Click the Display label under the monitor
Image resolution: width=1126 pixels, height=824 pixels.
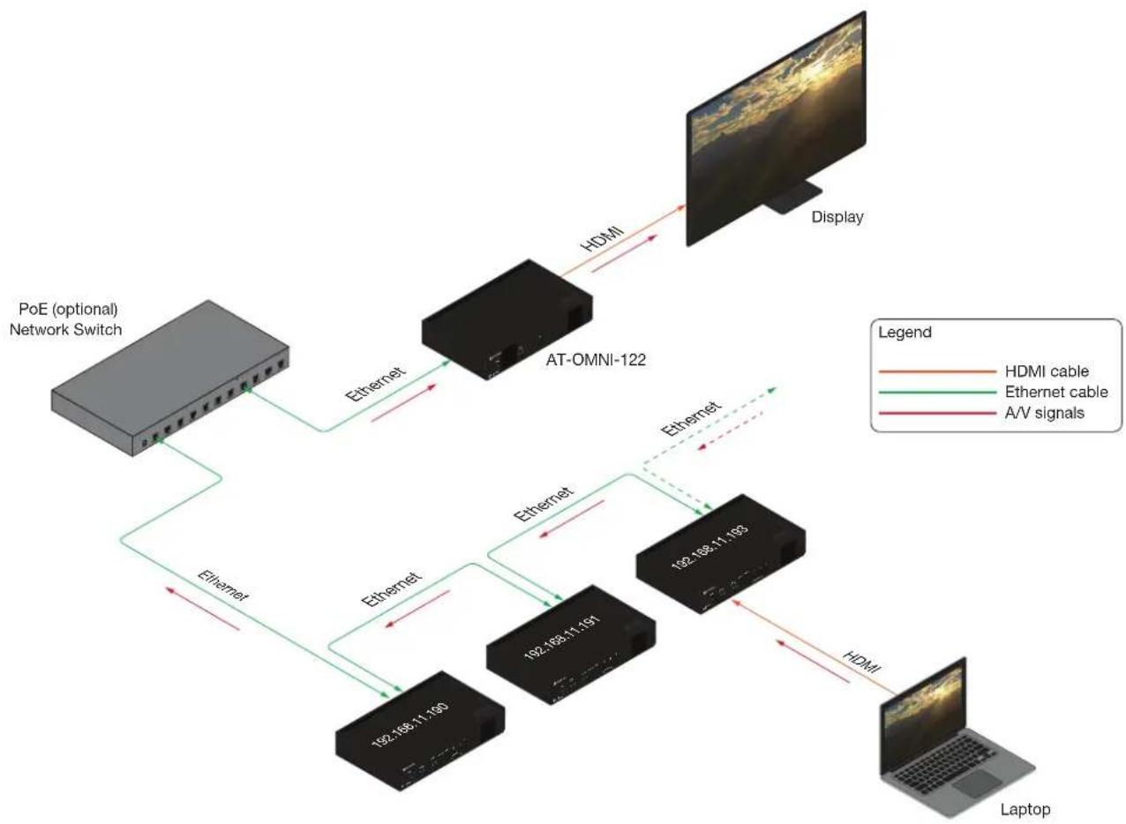click(x=837, y=217)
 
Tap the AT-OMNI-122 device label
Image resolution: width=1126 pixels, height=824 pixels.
click(x=596, y=360)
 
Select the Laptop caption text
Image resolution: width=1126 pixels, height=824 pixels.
click(x=1025, y=809)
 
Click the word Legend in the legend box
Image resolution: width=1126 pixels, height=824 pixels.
click(x=905, y=332)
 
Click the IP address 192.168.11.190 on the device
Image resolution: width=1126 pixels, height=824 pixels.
click(x=409, y=725)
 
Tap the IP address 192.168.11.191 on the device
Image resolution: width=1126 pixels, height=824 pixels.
click(x=562, y=638)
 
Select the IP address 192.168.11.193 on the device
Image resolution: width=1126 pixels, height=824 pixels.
click(x=710, y=548)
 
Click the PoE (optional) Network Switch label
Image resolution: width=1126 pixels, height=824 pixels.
click(x=65, y=319)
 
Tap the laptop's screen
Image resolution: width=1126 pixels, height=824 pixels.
click(x=924, y=702)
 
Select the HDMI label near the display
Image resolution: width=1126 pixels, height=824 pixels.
click(x=602, y=236)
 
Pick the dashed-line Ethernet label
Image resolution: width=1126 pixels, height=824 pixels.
click(x=691, y=418)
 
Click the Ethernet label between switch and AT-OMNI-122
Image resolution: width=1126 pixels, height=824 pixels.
click(x=374, y=385)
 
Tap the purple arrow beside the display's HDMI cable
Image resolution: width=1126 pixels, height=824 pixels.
click(x=625, y=253)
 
